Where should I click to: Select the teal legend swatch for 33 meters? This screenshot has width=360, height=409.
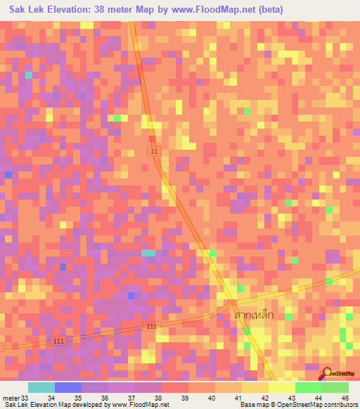click(x=41, y=387)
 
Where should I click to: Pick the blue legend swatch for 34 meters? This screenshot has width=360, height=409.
click(x=67, y=387)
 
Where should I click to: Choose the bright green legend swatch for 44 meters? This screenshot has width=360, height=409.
click(x=308, y=387)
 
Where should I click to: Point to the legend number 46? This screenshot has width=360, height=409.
click(x=345, y=397)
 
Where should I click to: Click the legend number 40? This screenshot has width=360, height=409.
click(x=211, y=397)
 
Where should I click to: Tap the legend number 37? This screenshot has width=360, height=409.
click(x=131, y=397)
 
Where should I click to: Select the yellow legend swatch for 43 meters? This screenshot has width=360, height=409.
click(x=281, y=387)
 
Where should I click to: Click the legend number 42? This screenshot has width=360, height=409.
click(x=264, y=397)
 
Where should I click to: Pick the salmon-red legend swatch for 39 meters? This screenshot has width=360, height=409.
click(x=174, y=387)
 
